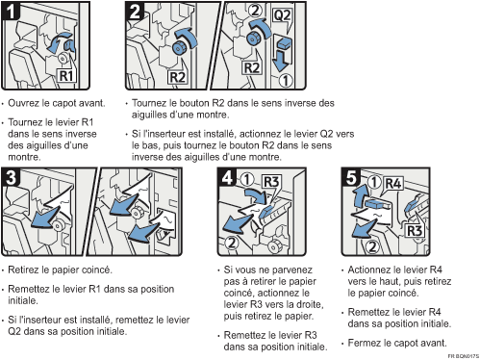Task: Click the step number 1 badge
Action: click(x=11, y=11)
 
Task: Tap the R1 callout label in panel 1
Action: click(x=66, y=76)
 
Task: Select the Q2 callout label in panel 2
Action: click(x=282, y=15)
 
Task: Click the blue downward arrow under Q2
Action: click(x=281, y=60)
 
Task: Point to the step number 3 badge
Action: click(x=11, y=177)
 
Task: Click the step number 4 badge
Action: click(x=227, y=177)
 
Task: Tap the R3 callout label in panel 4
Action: click(x=271, y=182)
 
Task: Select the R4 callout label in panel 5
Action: click(x=393, y=184)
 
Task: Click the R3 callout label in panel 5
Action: click(x=415, y=231)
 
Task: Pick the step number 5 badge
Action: click(x=351, y=177)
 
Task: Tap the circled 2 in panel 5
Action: click(x=372, y=246)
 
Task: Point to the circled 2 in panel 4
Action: click(x=232, y=243)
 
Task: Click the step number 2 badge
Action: click(x=135, y=11)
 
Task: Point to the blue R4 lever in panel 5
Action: click(x=376, y=204)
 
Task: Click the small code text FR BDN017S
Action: click(x=463, y=356)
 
